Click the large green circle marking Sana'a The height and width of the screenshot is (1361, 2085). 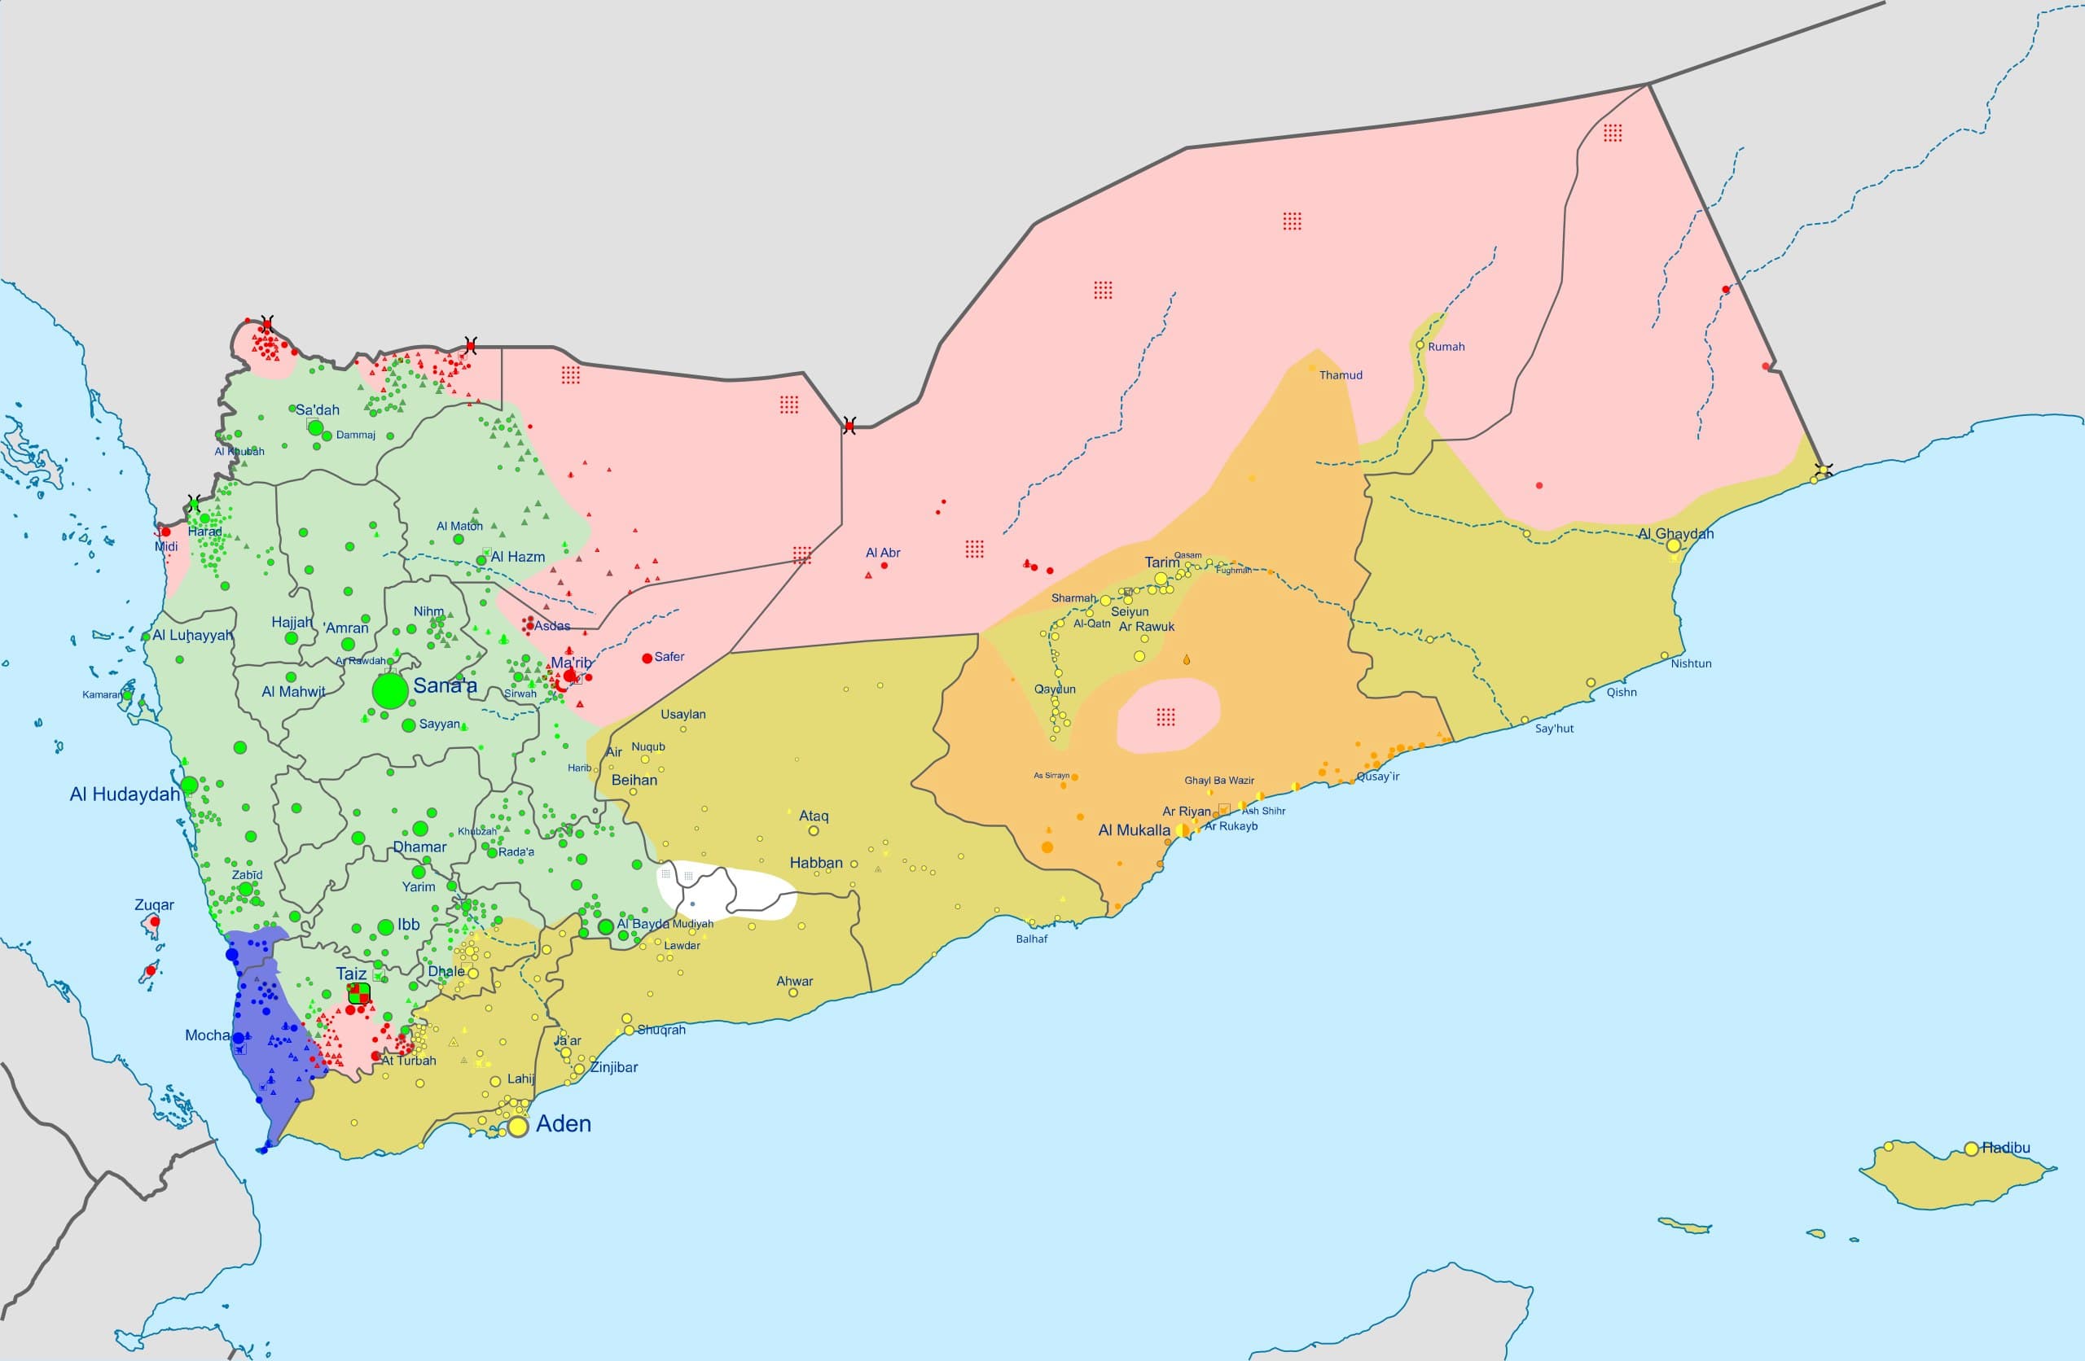point(391,691)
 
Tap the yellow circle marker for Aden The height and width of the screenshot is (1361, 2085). point(518,1127)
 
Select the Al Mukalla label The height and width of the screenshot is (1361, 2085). point(1134,830)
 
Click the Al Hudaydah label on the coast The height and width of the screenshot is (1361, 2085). point(125,794)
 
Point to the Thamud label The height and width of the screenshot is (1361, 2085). point(1341,374)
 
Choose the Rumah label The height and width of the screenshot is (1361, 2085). point(1446,347)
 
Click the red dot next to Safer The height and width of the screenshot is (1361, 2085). point(647,658)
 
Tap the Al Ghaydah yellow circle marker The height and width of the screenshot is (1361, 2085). point(1673,545)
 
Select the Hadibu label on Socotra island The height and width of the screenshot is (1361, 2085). point(2005,1147)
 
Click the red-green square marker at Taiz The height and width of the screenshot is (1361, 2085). point(359,993)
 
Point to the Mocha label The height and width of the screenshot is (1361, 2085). point(207,1035)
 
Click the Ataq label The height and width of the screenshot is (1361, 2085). point(813,816)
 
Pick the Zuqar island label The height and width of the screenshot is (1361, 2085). point(154,904)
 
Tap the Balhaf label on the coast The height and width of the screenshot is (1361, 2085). point(1031,939)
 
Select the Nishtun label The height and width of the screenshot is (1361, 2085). point(1691,663)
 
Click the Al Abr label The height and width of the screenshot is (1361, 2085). point(882,553)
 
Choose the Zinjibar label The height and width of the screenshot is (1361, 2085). point(613,1066)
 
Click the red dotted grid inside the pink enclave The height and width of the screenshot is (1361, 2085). point(1165,717)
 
